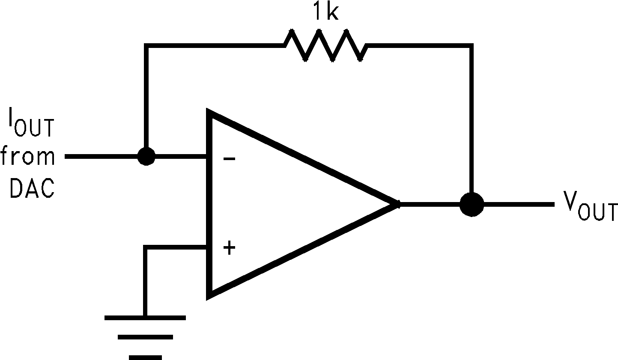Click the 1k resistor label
pyautogui.click(x=325, y=12)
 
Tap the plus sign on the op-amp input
pyautogui.click(x=230, y=247)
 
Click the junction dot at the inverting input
pyautogui.click(x=146, y=157)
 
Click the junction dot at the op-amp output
pyautogui.click(x=472, y=204)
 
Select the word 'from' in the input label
pyautogui.click(x=28, y=156)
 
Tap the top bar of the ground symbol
pyautogui.click(x=145, y=318)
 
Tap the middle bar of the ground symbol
pyautogui.click(x=145, y=337)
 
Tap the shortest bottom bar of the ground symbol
pyautogui.click(x=145, y=357)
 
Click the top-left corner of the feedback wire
pyautogui.click(x=146, y=45)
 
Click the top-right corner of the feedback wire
pyautogui.click(x=472, y=45)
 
